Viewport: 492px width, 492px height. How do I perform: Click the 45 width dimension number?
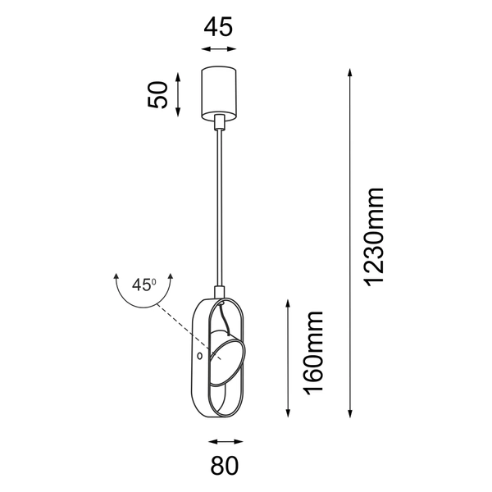pyautogui.click(x=218, y=26)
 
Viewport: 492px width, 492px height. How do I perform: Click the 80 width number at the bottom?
pyautogui.click(x=223, y=467)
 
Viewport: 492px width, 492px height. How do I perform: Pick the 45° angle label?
pyautogui.click(x=143, y=285)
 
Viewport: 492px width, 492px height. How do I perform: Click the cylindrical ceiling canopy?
pyautogui.click(x=218, y=91)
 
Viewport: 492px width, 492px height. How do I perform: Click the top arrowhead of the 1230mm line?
pyautogui.click(x=350, y=72)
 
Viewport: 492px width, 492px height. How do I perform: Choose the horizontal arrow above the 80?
pyautogui.click(x=221, y=440)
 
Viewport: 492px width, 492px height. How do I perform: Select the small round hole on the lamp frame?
pyautogui.click(x=200, y=357)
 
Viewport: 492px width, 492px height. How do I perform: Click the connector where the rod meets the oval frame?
pyautogui.click(x=219, y=290)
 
